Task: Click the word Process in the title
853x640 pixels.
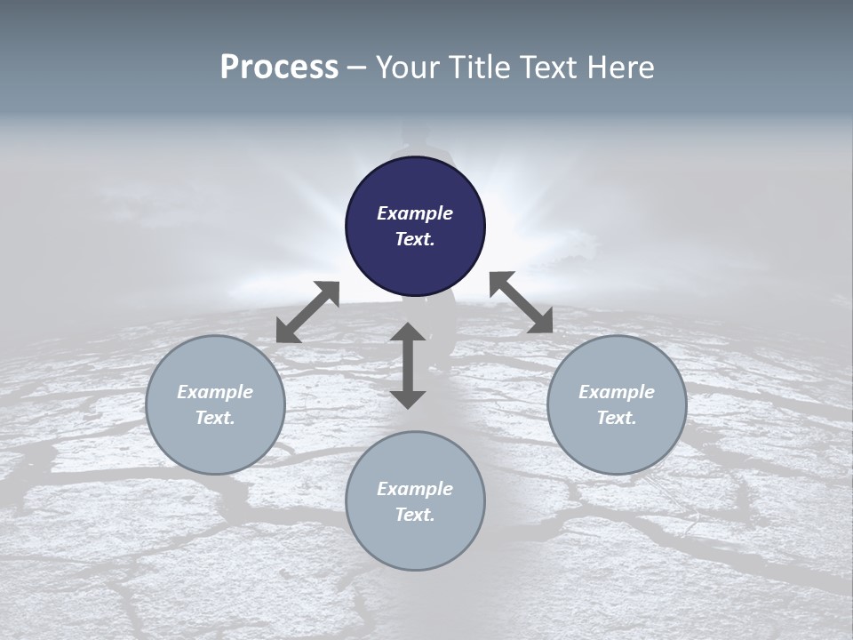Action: [279, 68]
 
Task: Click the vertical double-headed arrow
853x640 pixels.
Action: [408, 365]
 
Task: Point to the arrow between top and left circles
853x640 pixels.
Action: [307, 312]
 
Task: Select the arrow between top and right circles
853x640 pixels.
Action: [522, 302]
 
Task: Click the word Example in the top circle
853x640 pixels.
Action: [415, 213]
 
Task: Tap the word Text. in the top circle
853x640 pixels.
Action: [415, 239]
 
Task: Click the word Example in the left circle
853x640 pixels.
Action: [215, 392]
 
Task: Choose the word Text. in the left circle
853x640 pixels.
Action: [215, 418]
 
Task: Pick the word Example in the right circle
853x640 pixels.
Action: [617, 392]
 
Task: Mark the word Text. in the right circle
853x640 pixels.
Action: [617, 418]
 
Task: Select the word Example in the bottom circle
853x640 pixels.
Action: [415, 489]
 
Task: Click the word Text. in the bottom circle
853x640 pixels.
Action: [415, 515]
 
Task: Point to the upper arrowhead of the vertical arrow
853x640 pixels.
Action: [408, 334]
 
